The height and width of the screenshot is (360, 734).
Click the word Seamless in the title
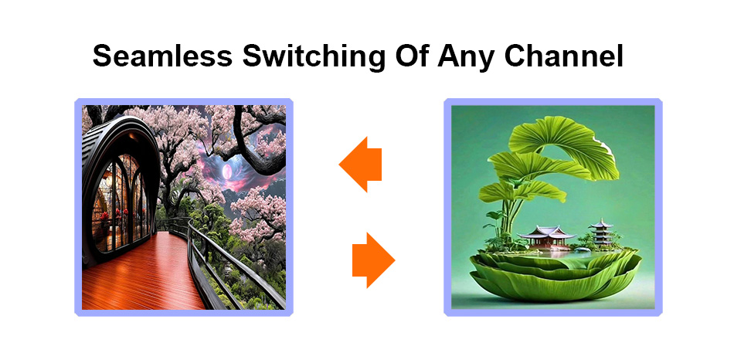point(162,56)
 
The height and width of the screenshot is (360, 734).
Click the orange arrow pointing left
point(361,165)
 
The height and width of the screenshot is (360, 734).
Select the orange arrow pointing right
point(373,260)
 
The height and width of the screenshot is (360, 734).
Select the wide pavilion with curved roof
point(547,236)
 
